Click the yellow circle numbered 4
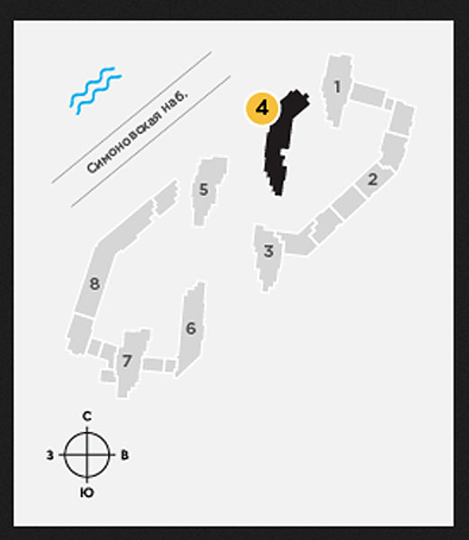coord(262,108)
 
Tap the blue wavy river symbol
coord(95,91)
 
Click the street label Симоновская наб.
coord(138,131)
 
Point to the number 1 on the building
coord(337,86)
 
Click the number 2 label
coord(373,179)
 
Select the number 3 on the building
coord(268,251)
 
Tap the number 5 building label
coord(203,189)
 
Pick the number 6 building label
coord(191,328)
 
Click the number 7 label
coord(127,361)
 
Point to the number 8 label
coord(95,283)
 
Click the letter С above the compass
coord(87,417)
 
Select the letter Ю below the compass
coord(86,493)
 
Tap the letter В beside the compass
coord(124,454)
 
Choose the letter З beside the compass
coord(50,455)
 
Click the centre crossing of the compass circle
coord(87,454)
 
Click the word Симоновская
coord(125,142)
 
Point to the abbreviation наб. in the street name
coord(177,100)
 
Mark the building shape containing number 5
coord(209,191)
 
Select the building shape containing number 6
coord(191,328)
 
